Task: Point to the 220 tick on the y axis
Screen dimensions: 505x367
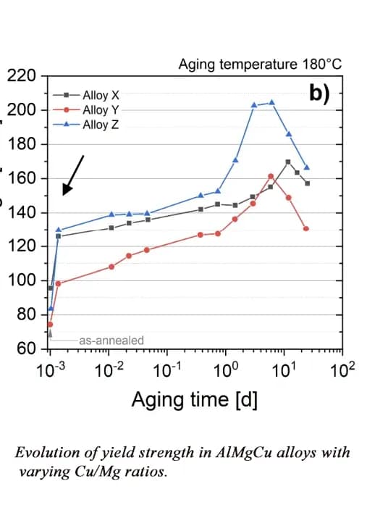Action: click(22, 76)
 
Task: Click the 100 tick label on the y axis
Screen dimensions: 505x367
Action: click(22, 280)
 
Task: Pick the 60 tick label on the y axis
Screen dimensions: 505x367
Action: click(27, 349)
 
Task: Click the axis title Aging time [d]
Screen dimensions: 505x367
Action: click(194, 399)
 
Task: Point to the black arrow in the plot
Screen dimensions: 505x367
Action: click(74, 175)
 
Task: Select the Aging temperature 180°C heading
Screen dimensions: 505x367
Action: click(260, 64)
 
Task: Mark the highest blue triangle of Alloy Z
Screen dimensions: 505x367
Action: click(272, 103)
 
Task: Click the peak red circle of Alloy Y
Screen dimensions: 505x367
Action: click(271, 176)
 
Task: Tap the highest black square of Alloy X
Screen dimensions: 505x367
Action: click(288, 162)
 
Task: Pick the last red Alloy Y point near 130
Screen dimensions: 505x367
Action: click(306, 229)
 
